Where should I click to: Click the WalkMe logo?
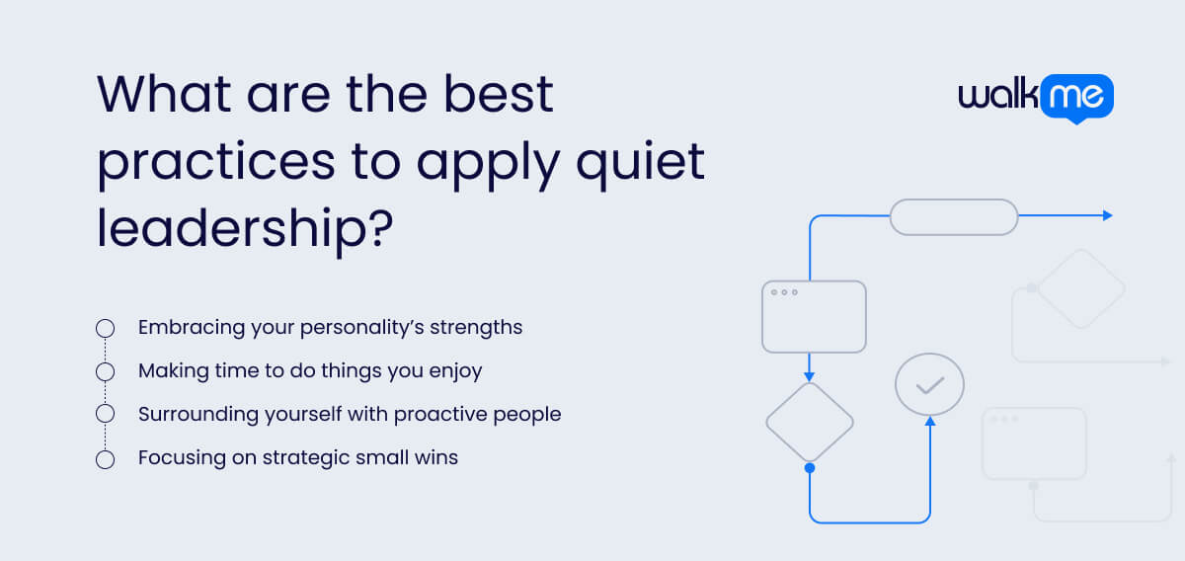pyautogui.click(x=1036, y=99)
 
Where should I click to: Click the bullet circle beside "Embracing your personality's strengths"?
pyautogui.click(x=105, y=328)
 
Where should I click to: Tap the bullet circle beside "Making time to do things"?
pyautogui.click(x=105, y=371)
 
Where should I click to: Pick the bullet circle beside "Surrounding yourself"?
pyautogui.click(x=105, y=415)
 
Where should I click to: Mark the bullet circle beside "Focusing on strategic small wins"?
pyautogui.click(x=105, y=458)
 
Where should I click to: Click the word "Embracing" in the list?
pyautogui.click(x=187, y=327)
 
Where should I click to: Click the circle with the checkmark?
pyautogui.click(x=929, y=384)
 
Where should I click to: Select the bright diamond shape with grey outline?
pyautogui.click(x=810, y=422)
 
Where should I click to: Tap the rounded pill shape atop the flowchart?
pyautogui.click(x=954, y=216)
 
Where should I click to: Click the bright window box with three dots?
pyautogui.click(x=814, y=316)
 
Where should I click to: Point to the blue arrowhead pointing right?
pyautogui.click(x=1107, y=215)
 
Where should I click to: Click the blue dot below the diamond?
pyautogui.click(x=810, y=467)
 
